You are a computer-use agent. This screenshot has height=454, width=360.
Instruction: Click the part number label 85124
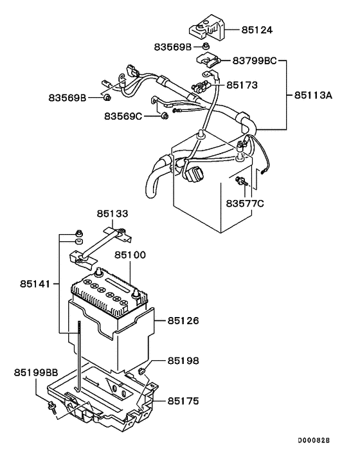pyautogui.click(x=256, y=30)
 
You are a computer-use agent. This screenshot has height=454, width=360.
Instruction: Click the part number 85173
pyautogui.click(x=240, y=84)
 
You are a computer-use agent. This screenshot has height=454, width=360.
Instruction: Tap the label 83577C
pyautogui.click(x=245, y=204)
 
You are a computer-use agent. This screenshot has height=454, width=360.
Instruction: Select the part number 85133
pyautogui.click(x=113, y=213)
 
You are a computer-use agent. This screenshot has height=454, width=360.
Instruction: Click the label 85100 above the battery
pyautogui.click(x=130, y=255)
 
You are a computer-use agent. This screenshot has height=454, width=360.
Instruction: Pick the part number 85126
pyautogui.click(x=184, y=320)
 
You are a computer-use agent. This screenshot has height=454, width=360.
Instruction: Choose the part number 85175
pyautogui.click(x=184, y=401)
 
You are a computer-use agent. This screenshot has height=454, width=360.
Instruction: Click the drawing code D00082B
pyautogui.click(x=313, y=441)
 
